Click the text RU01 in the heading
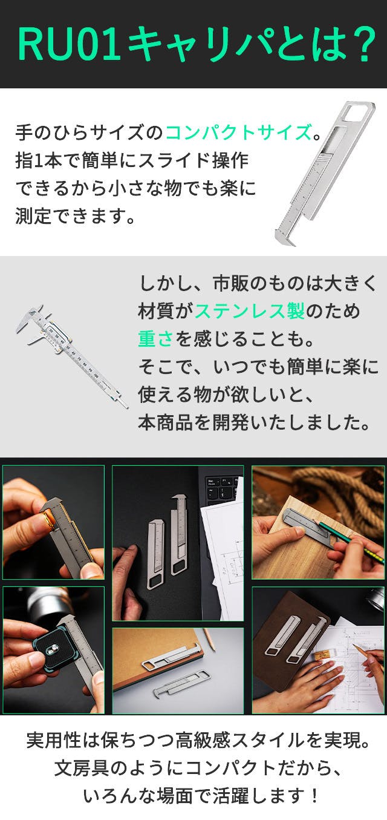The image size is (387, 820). pos(68,44)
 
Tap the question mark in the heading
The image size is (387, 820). pos(362,44)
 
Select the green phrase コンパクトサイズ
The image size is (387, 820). pos(238,132)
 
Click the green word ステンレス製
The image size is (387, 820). pos(250,311)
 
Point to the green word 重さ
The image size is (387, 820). pos(155,339)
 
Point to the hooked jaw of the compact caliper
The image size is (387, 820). pos(285,237)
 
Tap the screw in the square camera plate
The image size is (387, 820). pos(53,649)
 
